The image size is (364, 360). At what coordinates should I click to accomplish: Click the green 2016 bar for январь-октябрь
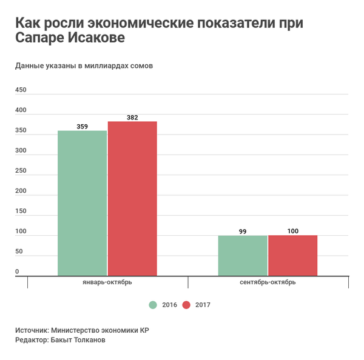[82, 203]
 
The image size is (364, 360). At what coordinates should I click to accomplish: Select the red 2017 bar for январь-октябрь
[132, 199]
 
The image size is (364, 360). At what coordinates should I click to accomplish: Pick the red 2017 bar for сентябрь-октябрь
[292, 255]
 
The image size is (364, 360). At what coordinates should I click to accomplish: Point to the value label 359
[83, 127]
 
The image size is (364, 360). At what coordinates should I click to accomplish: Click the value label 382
[132, 118]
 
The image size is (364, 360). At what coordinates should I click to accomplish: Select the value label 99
[243, 232]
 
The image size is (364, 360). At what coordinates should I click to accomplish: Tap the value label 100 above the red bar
[292, 231]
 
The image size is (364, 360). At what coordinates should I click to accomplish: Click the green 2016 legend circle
[153, 304]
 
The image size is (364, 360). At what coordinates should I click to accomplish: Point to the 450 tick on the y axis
[21, 90]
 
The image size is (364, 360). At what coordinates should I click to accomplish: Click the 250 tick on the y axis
[21, 171]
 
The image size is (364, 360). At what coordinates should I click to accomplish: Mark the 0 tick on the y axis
[18, 272]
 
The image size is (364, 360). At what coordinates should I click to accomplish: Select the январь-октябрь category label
[107, 282]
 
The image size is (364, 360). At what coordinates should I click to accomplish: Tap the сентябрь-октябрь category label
[268, 282]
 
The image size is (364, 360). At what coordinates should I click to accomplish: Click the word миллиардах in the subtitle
[103, 65]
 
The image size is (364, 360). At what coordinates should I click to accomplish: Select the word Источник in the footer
[32, 330]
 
